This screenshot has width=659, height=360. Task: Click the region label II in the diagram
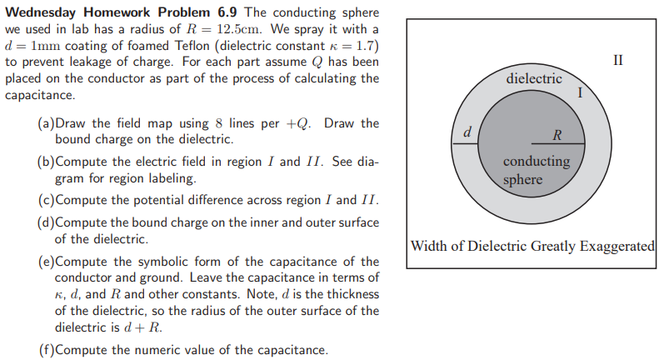pos(617,60)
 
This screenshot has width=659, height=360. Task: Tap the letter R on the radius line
pos(557,135)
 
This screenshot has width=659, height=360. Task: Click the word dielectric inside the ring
pos(534,78)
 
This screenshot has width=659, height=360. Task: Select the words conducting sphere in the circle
pos(537,170)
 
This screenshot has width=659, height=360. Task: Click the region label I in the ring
pos(580,93)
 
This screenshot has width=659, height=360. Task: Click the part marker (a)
pos(47,123)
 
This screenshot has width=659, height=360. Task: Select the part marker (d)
pos(47,222)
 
